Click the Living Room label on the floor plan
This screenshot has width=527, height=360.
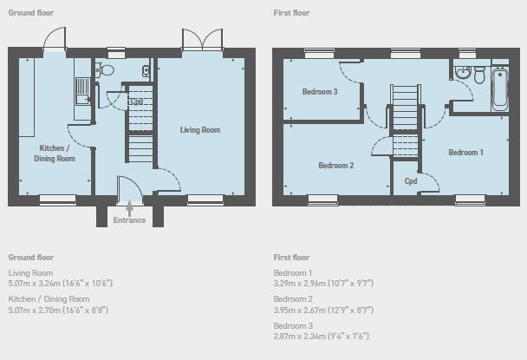tap(200, 130)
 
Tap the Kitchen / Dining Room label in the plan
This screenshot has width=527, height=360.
tap(55, 153)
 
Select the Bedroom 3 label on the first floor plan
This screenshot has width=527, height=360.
tap(320, 91)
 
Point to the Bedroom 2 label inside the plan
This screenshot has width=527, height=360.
tap(336, 165)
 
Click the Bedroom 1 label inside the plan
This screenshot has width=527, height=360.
tap(465, 153)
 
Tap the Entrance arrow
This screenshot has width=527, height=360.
tap(129, 208)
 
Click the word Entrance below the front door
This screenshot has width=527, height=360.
tap(129, 220)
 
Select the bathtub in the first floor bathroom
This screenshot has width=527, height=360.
tap(500, 89)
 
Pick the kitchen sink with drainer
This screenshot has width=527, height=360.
tap(82, 91)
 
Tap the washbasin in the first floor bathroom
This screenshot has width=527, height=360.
tap(463, 73)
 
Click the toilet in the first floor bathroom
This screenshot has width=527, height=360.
tap(479, 75)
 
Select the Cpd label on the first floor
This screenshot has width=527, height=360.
tap(411, 181)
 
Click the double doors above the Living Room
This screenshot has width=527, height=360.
tap(202, 39)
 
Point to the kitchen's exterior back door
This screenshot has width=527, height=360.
tap(55, 38)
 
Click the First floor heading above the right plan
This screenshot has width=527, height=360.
tap(292, 13)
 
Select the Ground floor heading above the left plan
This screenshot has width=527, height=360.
tap(31, 13)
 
